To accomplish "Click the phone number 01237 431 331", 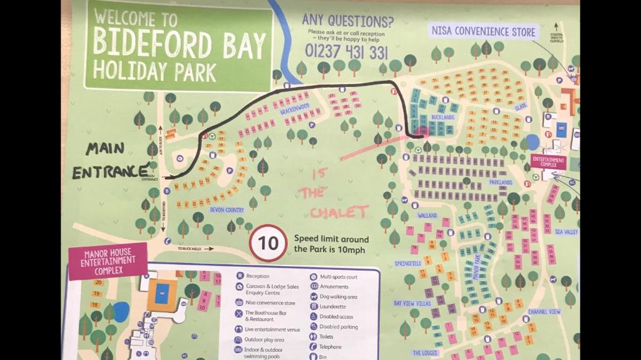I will (346, 52).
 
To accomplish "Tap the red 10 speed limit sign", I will (268, 244).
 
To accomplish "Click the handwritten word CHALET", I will (336, 212).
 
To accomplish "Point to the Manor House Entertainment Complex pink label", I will (108, 260).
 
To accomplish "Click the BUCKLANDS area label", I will (443, 117).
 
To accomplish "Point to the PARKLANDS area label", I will (501, 182).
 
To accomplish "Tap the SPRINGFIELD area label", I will (407, 264).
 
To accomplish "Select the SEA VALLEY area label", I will (567, 232).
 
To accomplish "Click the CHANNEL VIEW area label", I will (544, 311).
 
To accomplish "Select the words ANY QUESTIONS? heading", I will (347, 20).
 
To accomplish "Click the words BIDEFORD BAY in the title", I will (179, 43).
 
